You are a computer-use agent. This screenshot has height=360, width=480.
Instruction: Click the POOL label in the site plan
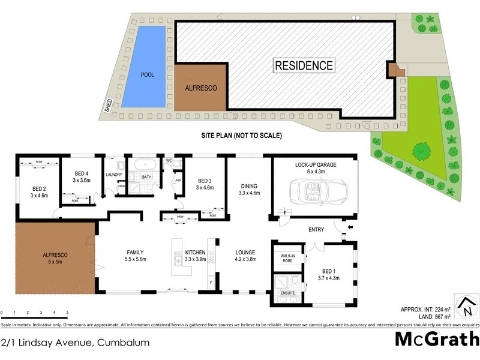[147, 75]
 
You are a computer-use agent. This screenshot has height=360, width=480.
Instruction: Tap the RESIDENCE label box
[304, 65]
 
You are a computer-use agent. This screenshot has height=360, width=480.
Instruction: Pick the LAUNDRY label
[113, 175]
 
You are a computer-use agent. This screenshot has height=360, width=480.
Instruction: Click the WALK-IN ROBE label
[286, 259]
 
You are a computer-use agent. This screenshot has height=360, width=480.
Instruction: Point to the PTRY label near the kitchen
[180, 217]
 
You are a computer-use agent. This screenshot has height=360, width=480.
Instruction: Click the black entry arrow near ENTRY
[351, 228]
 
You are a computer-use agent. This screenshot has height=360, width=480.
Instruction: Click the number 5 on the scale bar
[67, 313]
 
